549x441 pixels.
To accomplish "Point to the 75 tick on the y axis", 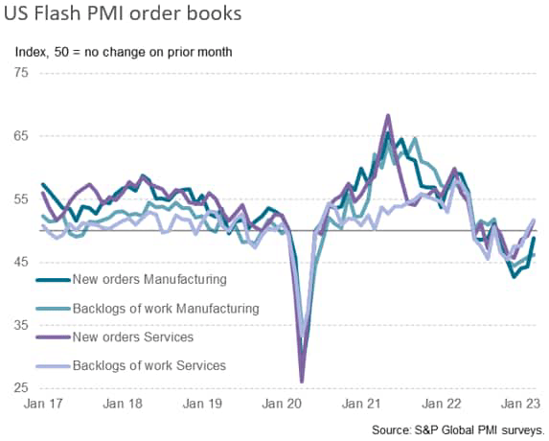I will pos(21,73).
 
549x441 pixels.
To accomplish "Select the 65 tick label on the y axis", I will pos(21,136).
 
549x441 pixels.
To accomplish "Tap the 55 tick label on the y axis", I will pos(21,199).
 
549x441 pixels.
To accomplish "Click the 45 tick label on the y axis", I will pos(21,263).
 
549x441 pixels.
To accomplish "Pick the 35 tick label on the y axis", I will pos(21,326).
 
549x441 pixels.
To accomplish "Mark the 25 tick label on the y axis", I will pos(21,388).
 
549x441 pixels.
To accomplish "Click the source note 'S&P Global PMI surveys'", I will pos(479,430).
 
